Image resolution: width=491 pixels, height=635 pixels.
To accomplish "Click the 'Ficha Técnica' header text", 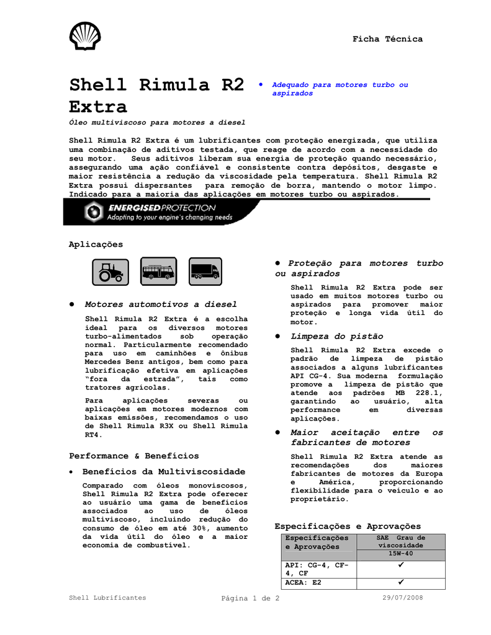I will pyautogui.click(x=387, y=39).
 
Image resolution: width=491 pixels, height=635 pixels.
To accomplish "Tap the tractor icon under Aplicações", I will pyautogui.click(x=110, y=271).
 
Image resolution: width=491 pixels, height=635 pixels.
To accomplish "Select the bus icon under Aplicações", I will pyautogui.click(x=158, y=271).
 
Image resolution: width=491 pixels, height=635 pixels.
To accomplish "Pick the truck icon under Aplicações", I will pyautogui.click(x=205, y=271).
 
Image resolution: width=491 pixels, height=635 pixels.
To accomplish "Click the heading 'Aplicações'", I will pyautogui.click(x=96, y=244).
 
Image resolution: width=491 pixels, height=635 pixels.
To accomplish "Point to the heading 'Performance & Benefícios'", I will pyautogui.click(x=134, y=456).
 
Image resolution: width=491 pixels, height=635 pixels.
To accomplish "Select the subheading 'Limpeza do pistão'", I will pyautogui.click(x=337, y=336).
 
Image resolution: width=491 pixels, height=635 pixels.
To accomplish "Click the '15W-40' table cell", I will pyautogui.click(x=400, y=553).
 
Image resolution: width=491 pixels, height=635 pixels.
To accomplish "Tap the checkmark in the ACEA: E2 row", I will pyautogui.click(x=400, y=583).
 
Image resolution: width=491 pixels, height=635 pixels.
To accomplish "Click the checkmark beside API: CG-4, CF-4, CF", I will pyautogui.click(x=400, y=566).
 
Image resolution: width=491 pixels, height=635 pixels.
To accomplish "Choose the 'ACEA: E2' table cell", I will pyautogui.click(x=304, y=584).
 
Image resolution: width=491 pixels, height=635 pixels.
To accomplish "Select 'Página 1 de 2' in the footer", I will pyautogui.click(x=250, y=598).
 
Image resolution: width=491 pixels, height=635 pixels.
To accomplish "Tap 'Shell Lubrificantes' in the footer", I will pyautogui.click(x=107, y=598).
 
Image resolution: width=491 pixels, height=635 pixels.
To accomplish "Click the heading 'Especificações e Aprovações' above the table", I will pyautogui.click(x=348, y=526).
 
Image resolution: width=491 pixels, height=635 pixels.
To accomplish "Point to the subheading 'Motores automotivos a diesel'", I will pyautogui.click(x=161, y=304).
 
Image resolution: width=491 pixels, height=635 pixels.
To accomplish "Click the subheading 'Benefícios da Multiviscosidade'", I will pyautogui.click(x=164, y=472).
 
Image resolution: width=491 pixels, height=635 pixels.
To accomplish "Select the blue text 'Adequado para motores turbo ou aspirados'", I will pyautogui.click(x=341, y=89).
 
